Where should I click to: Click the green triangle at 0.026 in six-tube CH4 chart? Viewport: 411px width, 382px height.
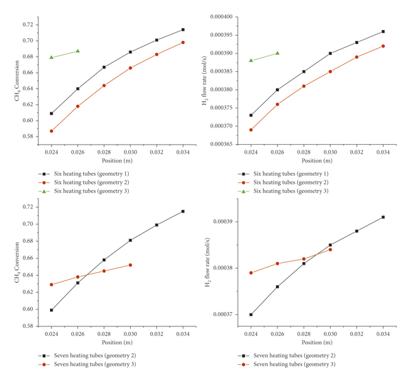[x=77, y=51]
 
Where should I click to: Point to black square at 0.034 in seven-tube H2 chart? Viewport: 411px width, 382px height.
[x=383, y=217]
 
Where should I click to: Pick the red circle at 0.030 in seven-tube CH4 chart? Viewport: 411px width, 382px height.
[x=130, y=265]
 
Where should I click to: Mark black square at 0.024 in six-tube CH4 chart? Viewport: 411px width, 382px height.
[x=51, y=113]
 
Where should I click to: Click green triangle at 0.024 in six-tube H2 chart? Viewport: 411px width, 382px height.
[x=251, y=60]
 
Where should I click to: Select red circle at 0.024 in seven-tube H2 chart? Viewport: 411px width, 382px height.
[x=251, y=272]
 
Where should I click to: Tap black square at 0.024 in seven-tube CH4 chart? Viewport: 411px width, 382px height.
[x=51, y=310]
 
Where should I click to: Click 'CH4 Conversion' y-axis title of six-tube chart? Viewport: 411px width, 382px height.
[x=9, y=80]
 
